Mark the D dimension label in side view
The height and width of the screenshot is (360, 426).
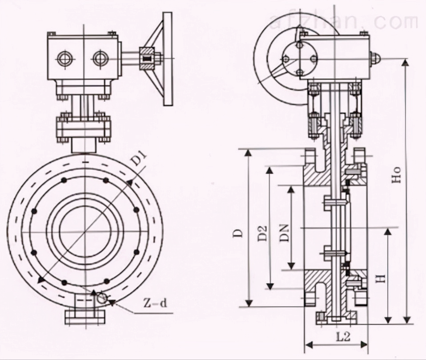pos(239,233)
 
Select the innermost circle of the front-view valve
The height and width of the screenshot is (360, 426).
pos(85,231)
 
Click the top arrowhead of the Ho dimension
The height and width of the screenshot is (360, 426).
pos(405,62)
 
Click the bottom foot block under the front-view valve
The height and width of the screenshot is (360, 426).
pos(85,316)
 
